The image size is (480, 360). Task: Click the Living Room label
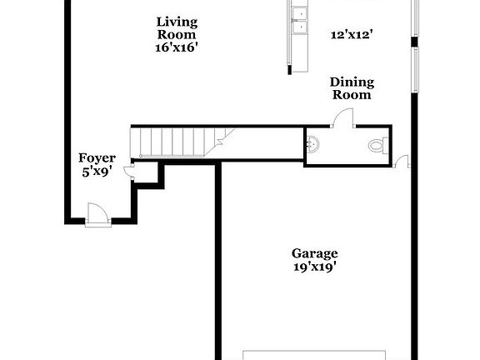tap(177, 28)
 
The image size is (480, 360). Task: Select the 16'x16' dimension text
tap(177, 47)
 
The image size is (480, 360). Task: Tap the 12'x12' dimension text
tap(351, 34)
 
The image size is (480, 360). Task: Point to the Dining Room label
tap(352, 88)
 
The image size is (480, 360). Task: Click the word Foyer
tap(97, 157)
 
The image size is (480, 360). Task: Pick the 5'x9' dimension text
tap(97, 172)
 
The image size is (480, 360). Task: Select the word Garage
tap(314, 253)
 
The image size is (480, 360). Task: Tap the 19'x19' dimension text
tap(314, 267)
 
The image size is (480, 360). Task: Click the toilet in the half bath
tap(377, 146)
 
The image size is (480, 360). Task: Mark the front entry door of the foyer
tap(96, 215)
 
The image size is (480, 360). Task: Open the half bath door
tap(340, 118)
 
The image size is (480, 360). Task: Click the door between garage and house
tap(402, 159)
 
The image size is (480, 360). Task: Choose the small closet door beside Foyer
tap(130, 172)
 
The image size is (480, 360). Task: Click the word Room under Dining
tap(352, 95)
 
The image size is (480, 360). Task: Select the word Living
tap(177, 22)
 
